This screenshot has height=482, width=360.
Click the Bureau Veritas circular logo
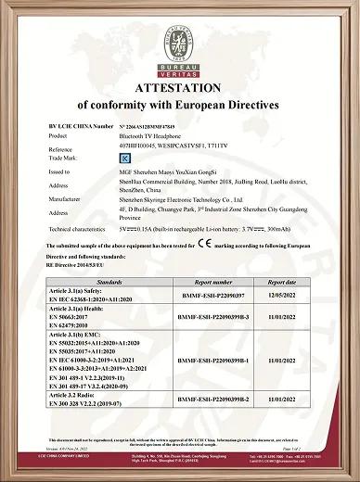click(180, 41)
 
